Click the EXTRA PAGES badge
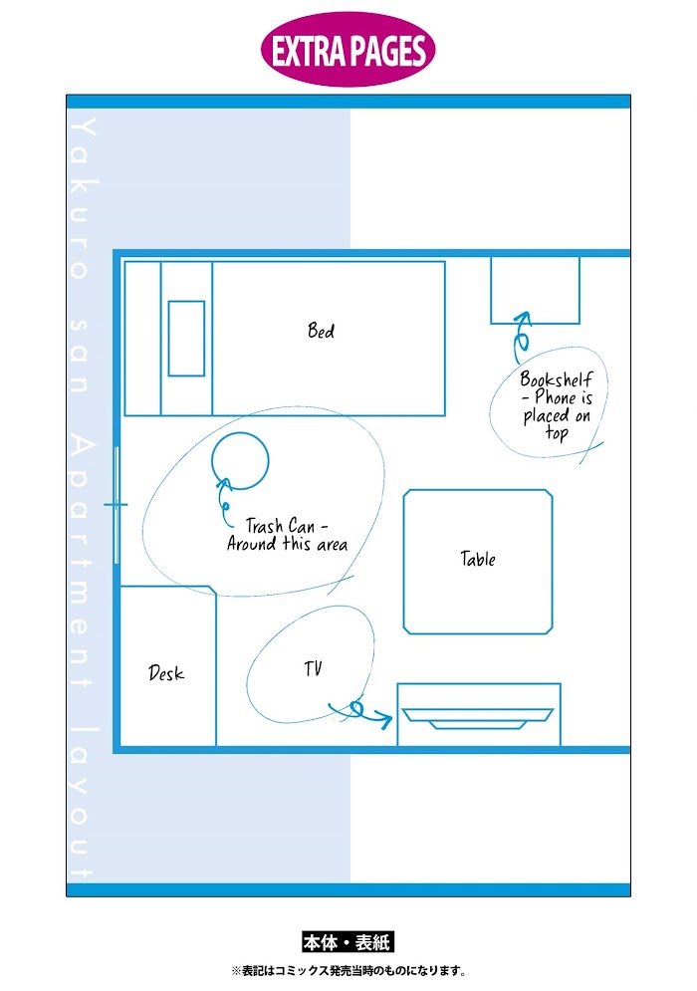pyautogui.click(x=348, y=50)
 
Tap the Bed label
pyautogui.click(x=321, y=330)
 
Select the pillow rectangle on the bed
pyautogui.click(x=186, y=338)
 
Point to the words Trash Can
pyautogui.click(x=280, y=525)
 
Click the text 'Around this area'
pyautogui.click(x=287, y=544)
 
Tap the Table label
pyautogui.click(x=478, y=559)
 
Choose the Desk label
pyautogui.click(x=166, y=673)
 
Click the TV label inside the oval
pyautogui.click(x=313, y=668)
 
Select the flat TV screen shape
pyautogui.click(x=478, y=719)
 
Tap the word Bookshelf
pyautogui.click(x=557, y=378)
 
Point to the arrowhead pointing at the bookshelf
pyautogui.click(x=522, y=318)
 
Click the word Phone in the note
pyautogui.click(x=556, y=397)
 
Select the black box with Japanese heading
pyautogui.click(x=348, y=942)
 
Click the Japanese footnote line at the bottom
pyautogui.click(x=348, y=971)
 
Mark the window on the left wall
pyautogui.click(x=116, y=504)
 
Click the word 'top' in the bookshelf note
pyautogui.click(x=557, y=433)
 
